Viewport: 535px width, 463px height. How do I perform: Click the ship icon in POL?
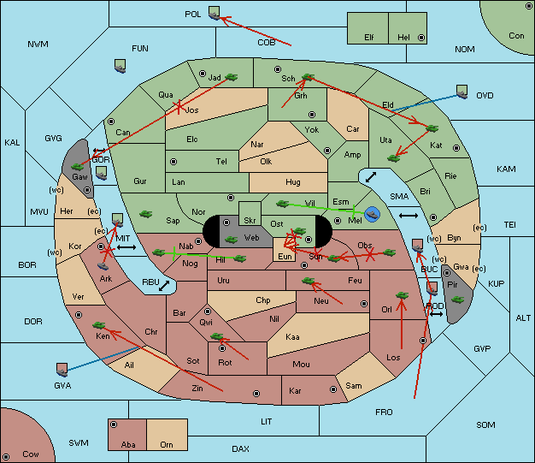[214, 12]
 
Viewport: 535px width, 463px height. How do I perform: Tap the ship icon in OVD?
[462, 90]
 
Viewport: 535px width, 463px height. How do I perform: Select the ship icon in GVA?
[62, 369]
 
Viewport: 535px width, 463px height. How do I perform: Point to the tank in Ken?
[99, 325]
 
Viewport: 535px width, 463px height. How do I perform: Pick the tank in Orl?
[402, 296]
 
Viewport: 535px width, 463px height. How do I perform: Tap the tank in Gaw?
[78, 165]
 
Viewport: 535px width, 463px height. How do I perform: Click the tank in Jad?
[231, 78]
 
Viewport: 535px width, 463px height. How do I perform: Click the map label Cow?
[31, 454]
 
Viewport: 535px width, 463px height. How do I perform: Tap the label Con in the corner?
[516, 35]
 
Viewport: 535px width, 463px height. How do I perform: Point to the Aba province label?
[128, 444]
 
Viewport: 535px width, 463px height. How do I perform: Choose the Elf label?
[369, 38]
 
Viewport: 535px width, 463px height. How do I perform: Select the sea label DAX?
[240, 448]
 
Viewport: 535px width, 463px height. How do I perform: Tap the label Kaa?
[293, 336]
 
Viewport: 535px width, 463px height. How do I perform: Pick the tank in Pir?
[457, 300]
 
